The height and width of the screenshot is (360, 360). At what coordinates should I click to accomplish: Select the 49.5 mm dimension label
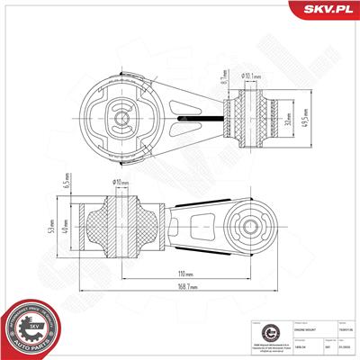pyautogui.click(x=305, y=118)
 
